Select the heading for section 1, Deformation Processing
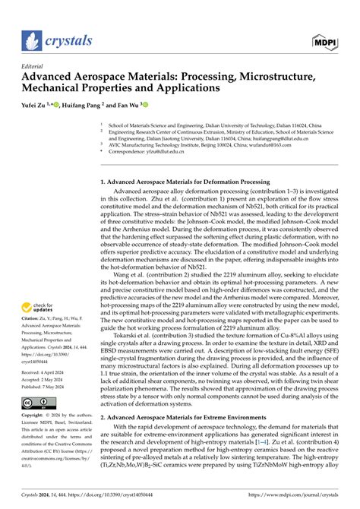187,161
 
